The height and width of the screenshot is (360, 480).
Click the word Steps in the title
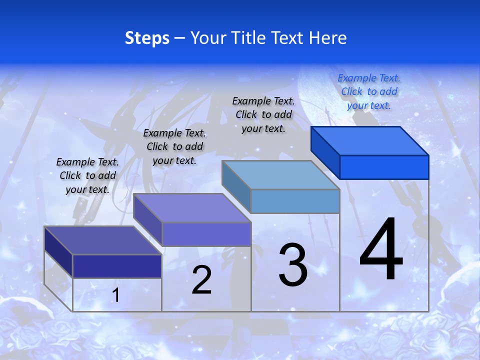[x=147, y=38]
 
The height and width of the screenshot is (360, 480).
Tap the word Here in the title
[x=328, y=38]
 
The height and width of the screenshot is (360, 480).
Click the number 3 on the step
[x=293, y=265]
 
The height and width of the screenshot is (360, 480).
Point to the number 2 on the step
[x=201, y=280]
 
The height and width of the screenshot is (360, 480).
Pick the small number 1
[x=115, y=295]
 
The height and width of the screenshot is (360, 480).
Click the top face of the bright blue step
[x=370, y=140]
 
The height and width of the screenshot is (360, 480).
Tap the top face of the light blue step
[x=281, y=174]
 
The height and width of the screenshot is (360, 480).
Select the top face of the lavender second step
[x=192, y=207]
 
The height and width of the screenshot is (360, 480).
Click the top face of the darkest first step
[x=103, y=240]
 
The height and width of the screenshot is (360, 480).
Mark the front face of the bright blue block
[x=384, y=167]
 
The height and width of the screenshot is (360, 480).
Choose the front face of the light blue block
[x=295, y=201]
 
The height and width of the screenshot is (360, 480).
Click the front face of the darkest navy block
[x=117, y=266]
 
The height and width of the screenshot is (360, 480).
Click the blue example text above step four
[x=369, y=91]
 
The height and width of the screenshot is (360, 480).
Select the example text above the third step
[x=264, y=114]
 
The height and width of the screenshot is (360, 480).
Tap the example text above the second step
[x=174, y=146]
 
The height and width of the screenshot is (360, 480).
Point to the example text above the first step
[x=87, y=175]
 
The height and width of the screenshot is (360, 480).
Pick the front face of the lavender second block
[x=206, y=234]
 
